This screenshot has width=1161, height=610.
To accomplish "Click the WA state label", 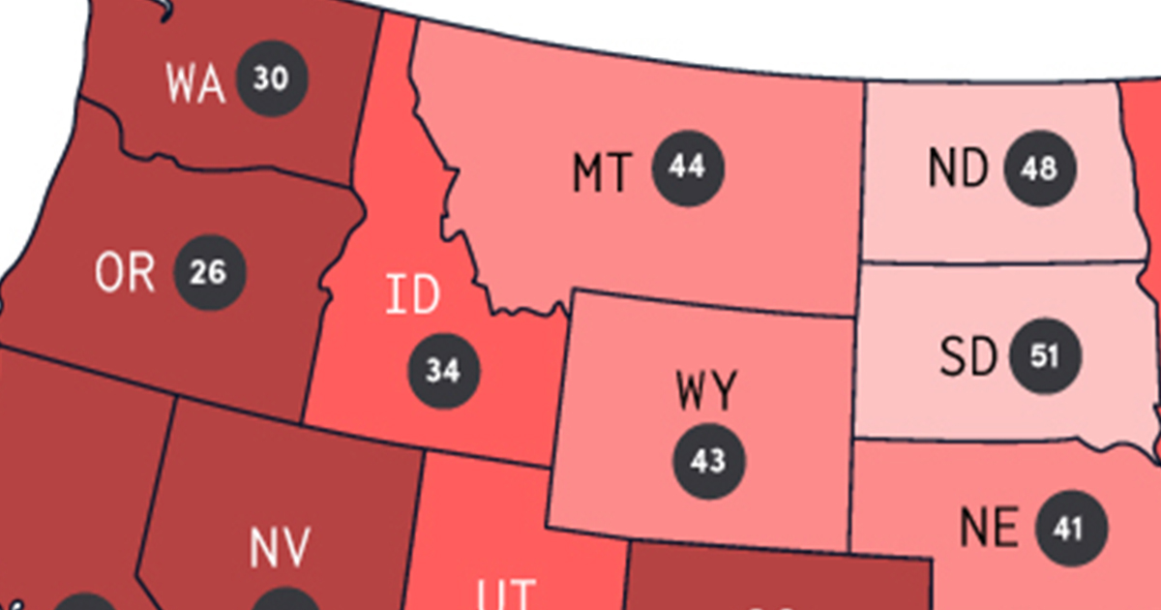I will tap(195, 83).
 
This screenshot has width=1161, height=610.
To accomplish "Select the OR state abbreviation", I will tap(125, 273).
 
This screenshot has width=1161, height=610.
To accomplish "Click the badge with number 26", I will tap(209, 273).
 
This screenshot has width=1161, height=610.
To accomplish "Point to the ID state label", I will tap(413, 296).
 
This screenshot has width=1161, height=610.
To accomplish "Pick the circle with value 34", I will tap(444, 371).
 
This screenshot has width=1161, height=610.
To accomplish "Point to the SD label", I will tap(967, 358).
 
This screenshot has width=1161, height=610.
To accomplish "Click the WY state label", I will tap(706, 391).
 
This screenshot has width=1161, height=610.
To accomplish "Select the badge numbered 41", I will tap(1071, 529).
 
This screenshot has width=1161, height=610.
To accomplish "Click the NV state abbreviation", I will tap(280, 548).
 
